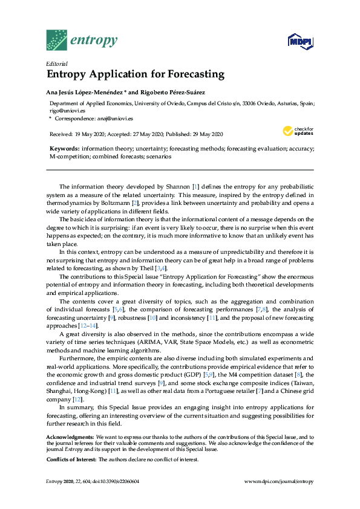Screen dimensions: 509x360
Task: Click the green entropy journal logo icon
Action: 56,40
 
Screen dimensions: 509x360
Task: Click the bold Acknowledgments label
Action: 70,436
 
